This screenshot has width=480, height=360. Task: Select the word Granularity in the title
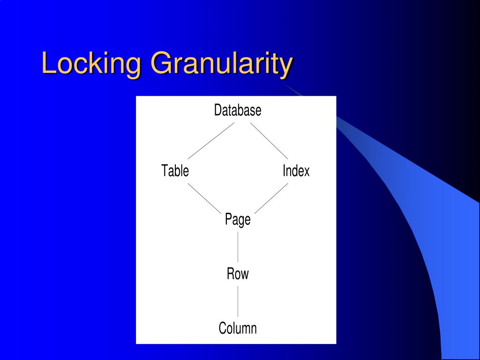222,64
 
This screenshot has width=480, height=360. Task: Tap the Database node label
238,111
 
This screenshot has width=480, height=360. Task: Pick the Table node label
175,171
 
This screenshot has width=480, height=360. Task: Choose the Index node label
296,171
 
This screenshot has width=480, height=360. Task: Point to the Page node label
238,219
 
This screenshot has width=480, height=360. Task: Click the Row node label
238,274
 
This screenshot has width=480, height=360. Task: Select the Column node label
238,328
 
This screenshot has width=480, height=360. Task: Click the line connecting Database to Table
210,141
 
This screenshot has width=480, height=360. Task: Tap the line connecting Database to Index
269,141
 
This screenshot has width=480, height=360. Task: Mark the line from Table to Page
204,198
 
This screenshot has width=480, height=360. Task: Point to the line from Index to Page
271,198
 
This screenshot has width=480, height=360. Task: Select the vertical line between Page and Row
238,247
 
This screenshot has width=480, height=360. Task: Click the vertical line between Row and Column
238,301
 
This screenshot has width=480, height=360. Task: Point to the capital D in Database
217,111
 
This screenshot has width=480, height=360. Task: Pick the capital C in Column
222,328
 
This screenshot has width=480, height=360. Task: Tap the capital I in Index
284,171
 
